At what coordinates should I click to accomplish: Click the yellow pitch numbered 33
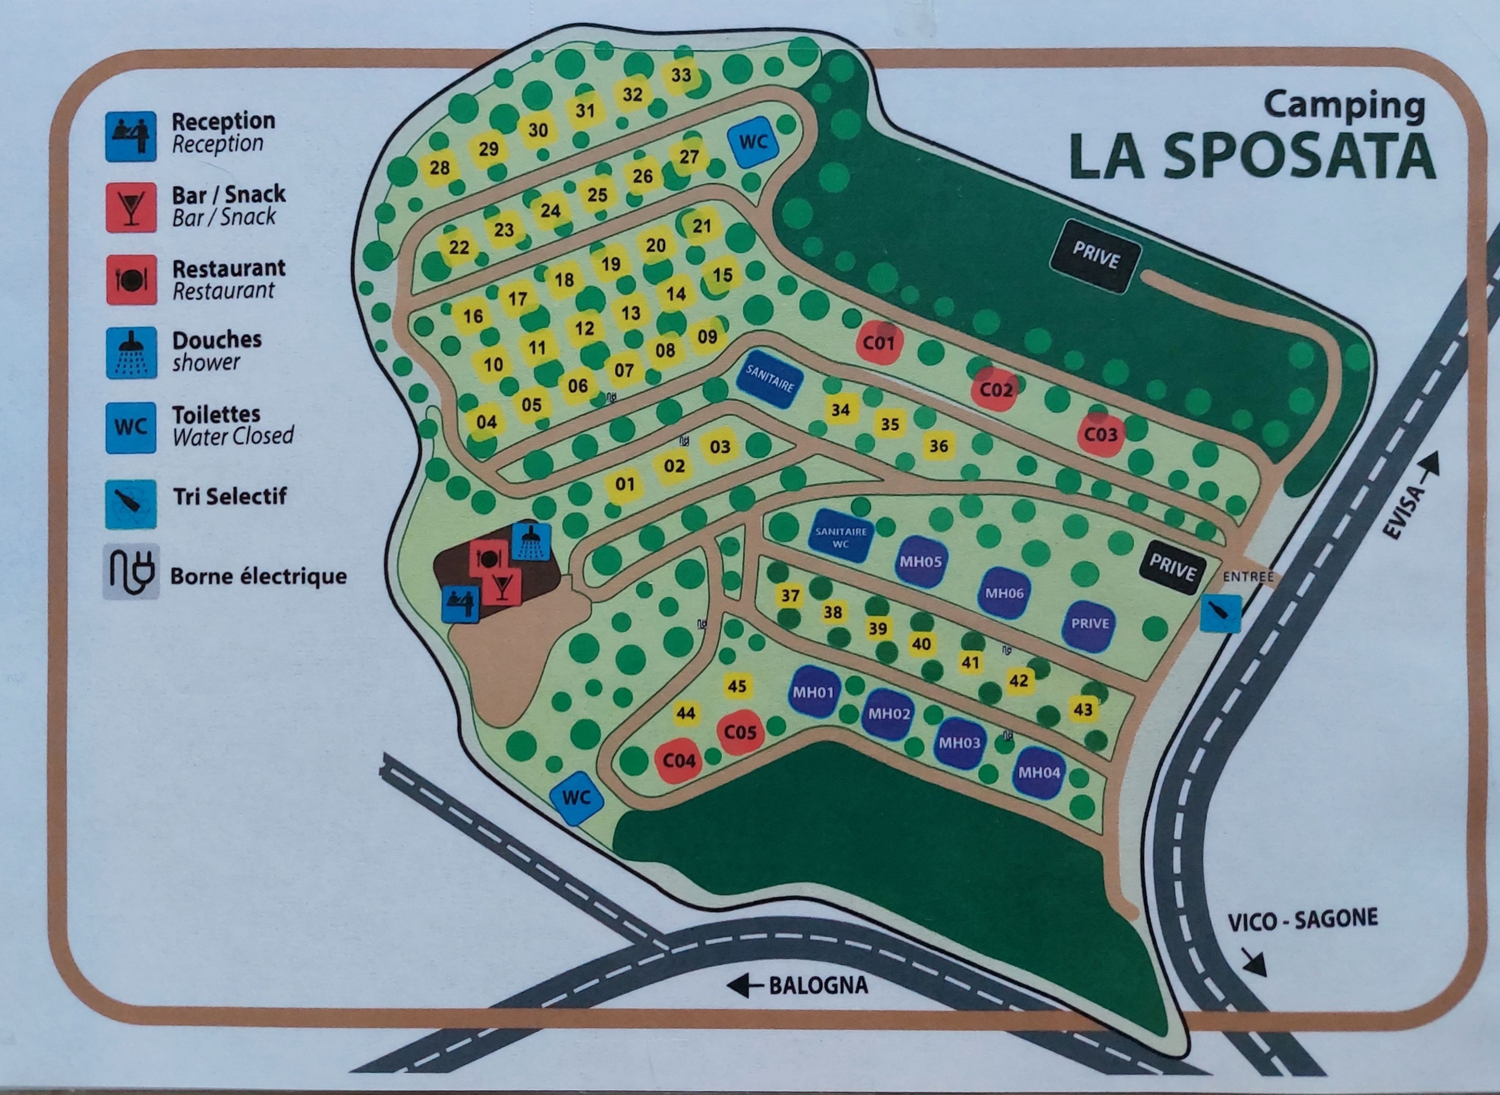[x=681, y=75]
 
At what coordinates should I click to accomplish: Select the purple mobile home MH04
[x=1039, y=772]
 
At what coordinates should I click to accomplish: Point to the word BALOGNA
[x=818, y=985]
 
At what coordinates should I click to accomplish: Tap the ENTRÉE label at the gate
[x=1248, y=577]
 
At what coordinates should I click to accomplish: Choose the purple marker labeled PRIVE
[x=1090, y=624]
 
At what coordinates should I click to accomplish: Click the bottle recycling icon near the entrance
[x=1220, y=613]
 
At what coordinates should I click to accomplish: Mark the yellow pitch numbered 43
[x=1082, y=710]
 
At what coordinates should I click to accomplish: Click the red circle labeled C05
[x=740, y=732]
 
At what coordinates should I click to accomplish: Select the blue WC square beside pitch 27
[x=753, y=142]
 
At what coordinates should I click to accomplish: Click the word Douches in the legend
[x=216, y=340]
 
